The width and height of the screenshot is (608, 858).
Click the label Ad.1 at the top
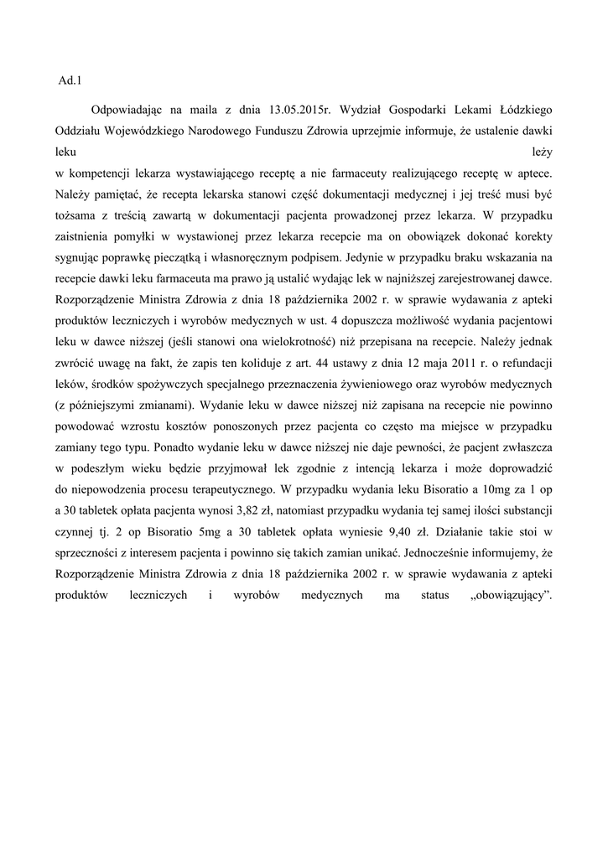68,80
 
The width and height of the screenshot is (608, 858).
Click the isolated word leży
541,152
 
